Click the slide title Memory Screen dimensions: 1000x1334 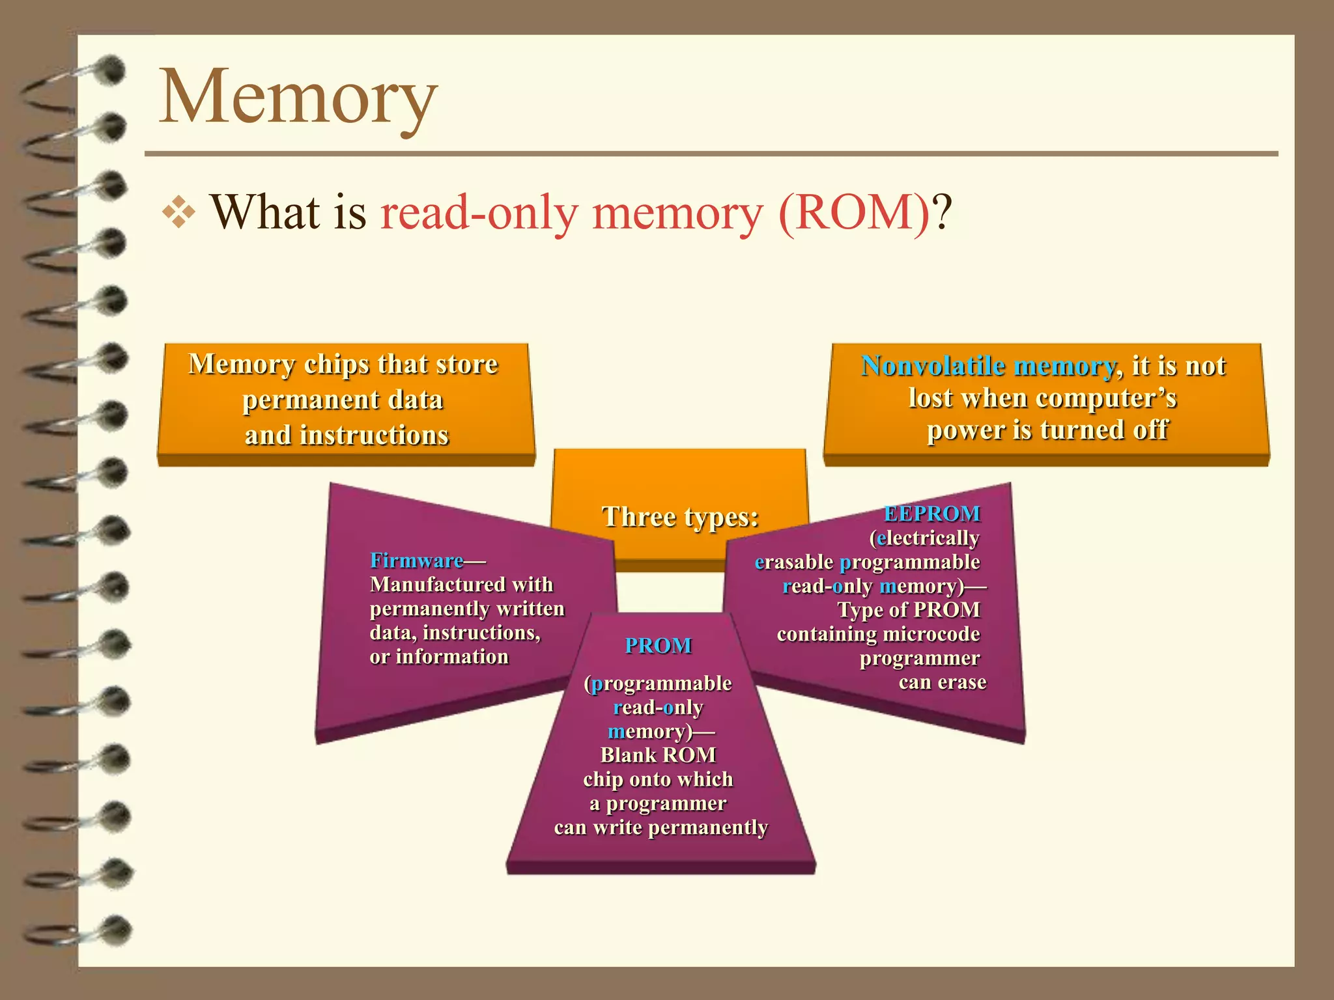coord(298,98)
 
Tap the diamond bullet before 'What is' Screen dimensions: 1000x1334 coord(178,213)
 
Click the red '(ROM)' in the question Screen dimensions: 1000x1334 coord(854,213)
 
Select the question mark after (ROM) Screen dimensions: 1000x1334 coord(942,213)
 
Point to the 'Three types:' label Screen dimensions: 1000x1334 coord(680,517)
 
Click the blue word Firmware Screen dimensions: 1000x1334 coord(417,561)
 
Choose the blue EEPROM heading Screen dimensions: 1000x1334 coord(931,514)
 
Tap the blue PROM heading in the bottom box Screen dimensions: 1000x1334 coord(658,646)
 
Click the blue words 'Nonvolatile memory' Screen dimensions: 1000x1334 coord(987,366)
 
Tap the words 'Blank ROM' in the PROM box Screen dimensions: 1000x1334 coord(658,755)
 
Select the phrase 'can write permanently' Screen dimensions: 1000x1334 coord(660,827)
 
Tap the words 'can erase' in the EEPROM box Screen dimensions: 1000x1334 coord(942,682)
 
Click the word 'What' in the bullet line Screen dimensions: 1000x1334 coord(265,213)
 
